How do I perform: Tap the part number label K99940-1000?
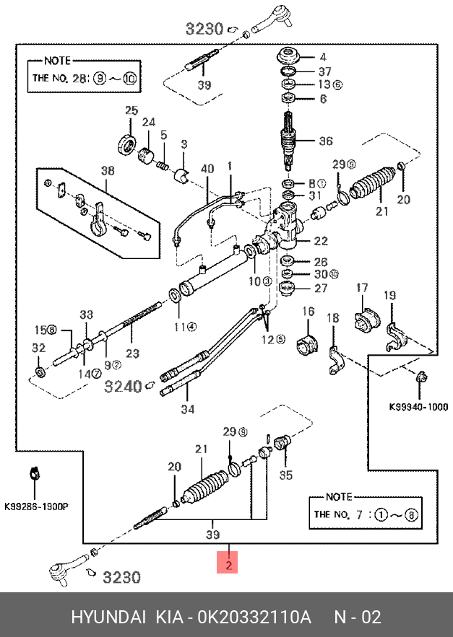click(418, 406)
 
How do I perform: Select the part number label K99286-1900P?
click(36, 507)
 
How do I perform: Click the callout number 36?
click(326, 141)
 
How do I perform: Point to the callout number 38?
click(107, 171)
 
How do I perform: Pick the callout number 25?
click(131, 110)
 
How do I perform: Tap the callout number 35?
click(286, 475)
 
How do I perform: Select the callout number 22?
click(321, 242)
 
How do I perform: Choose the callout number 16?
click(309, 312)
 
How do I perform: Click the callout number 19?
click(389, 295)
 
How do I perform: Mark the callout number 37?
click(324, 71)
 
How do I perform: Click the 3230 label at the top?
click(204, 29)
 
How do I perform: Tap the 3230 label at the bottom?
click(121, 577)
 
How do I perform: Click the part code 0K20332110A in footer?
click(256, 618)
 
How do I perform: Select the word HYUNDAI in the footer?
click(106, 618)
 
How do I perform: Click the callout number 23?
click(132, 354)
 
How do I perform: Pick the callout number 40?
click(207, 170)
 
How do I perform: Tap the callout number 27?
click(321, 289)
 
